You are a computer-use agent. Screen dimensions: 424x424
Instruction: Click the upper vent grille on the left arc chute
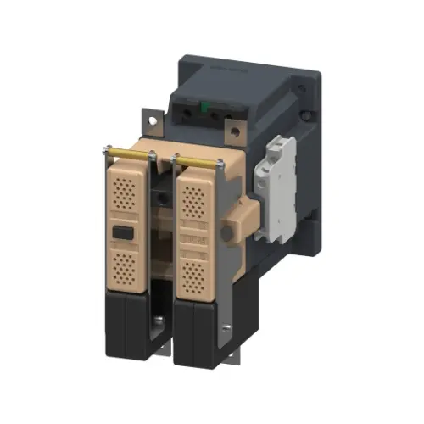coord(125,192)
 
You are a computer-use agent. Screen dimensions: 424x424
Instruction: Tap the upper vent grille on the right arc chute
coord(197,200)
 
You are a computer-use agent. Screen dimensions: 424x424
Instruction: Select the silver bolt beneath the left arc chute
coord(159,321)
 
